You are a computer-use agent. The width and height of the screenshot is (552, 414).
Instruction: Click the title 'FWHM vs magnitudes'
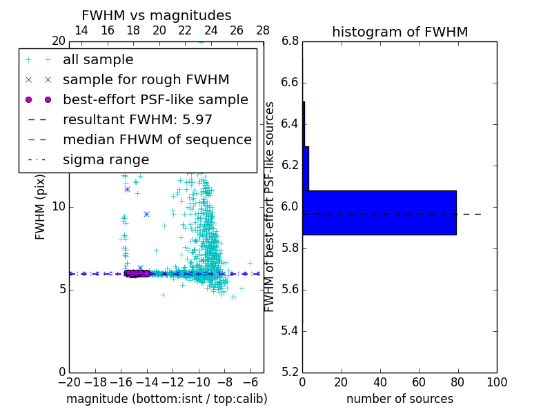click(x=157, y=15)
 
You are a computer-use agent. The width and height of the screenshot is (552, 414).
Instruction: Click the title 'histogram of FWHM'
click(x=400, y=32)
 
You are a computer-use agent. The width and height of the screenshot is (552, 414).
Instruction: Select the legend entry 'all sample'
click(x=98, y=60)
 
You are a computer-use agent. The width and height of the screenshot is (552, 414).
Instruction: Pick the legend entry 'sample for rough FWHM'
click(x=146, y=80)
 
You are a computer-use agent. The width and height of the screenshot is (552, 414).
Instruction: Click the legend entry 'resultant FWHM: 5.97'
click(x=137, y=120)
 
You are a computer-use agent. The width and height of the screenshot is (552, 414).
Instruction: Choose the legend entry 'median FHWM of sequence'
click(x=157, y=140)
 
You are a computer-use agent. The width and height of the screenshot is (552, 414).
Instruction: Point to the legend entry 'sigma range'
click(x=106, y=160)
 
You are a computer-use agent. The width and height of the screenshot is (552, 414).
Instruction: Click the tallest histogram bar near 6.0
click(x=379, y=213)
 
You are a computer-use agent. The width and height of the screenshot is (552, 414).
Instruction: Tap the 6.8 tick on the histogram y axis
click(x=290, y=41)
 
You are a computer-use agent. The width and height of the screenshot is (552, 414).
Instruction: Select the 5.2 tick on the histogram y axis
click(x=290, y=372)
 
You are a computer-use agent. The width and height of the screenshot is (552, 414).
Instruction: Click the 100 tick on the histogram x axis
click(x=497, y=382)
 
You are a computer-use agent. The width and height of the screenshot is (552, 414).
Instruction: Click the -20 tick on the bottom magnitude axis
click(x=69, y=382)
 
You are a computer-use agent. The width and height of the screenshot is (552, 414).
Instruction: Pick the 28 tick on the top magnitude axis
click(x=263, y=30)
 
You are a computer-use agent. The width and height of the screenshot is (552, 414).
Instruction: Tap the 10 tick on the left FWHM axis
click(x=58, y=206)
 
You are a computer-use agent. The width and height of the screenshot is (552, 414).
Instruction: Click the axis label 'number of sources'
click(x=400, y=399)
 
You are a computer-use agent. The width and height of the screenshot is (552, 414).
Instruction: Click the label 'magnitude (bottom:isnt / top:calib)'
click(x=166, y=399)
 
